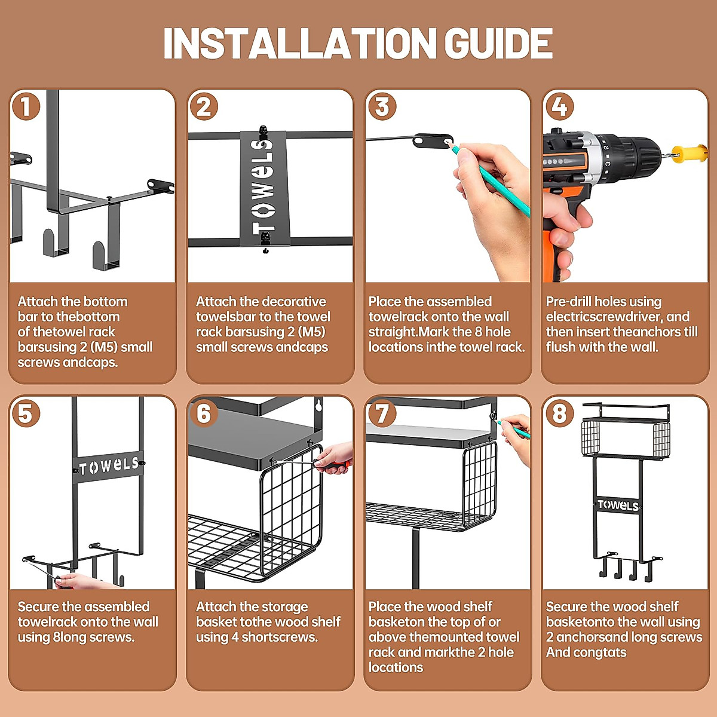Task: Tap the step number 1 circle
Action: [x=26, y=107]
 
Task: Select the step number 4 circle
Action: [x=559, y=107]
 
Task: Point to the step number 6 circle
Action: [x=204, y=413]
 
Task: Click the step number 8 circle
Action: [x=559, y=413]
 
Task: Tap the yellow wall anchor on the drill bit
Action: [x=691, y=154]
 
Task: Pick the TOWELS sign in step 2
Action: [x=264, y=188]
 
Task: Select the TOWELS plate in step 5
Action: [x=109, y=466]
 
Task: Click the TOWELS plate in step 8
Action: [x=618, y=505]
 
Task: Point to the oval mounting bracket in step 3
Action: [x=433, y=141]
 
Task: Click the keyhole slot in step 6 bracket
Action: [x=318, y=405]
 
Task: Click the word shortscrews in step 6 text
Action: [x=280, y=637]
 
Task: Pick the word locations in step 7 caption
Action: [x=396, y=667]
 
